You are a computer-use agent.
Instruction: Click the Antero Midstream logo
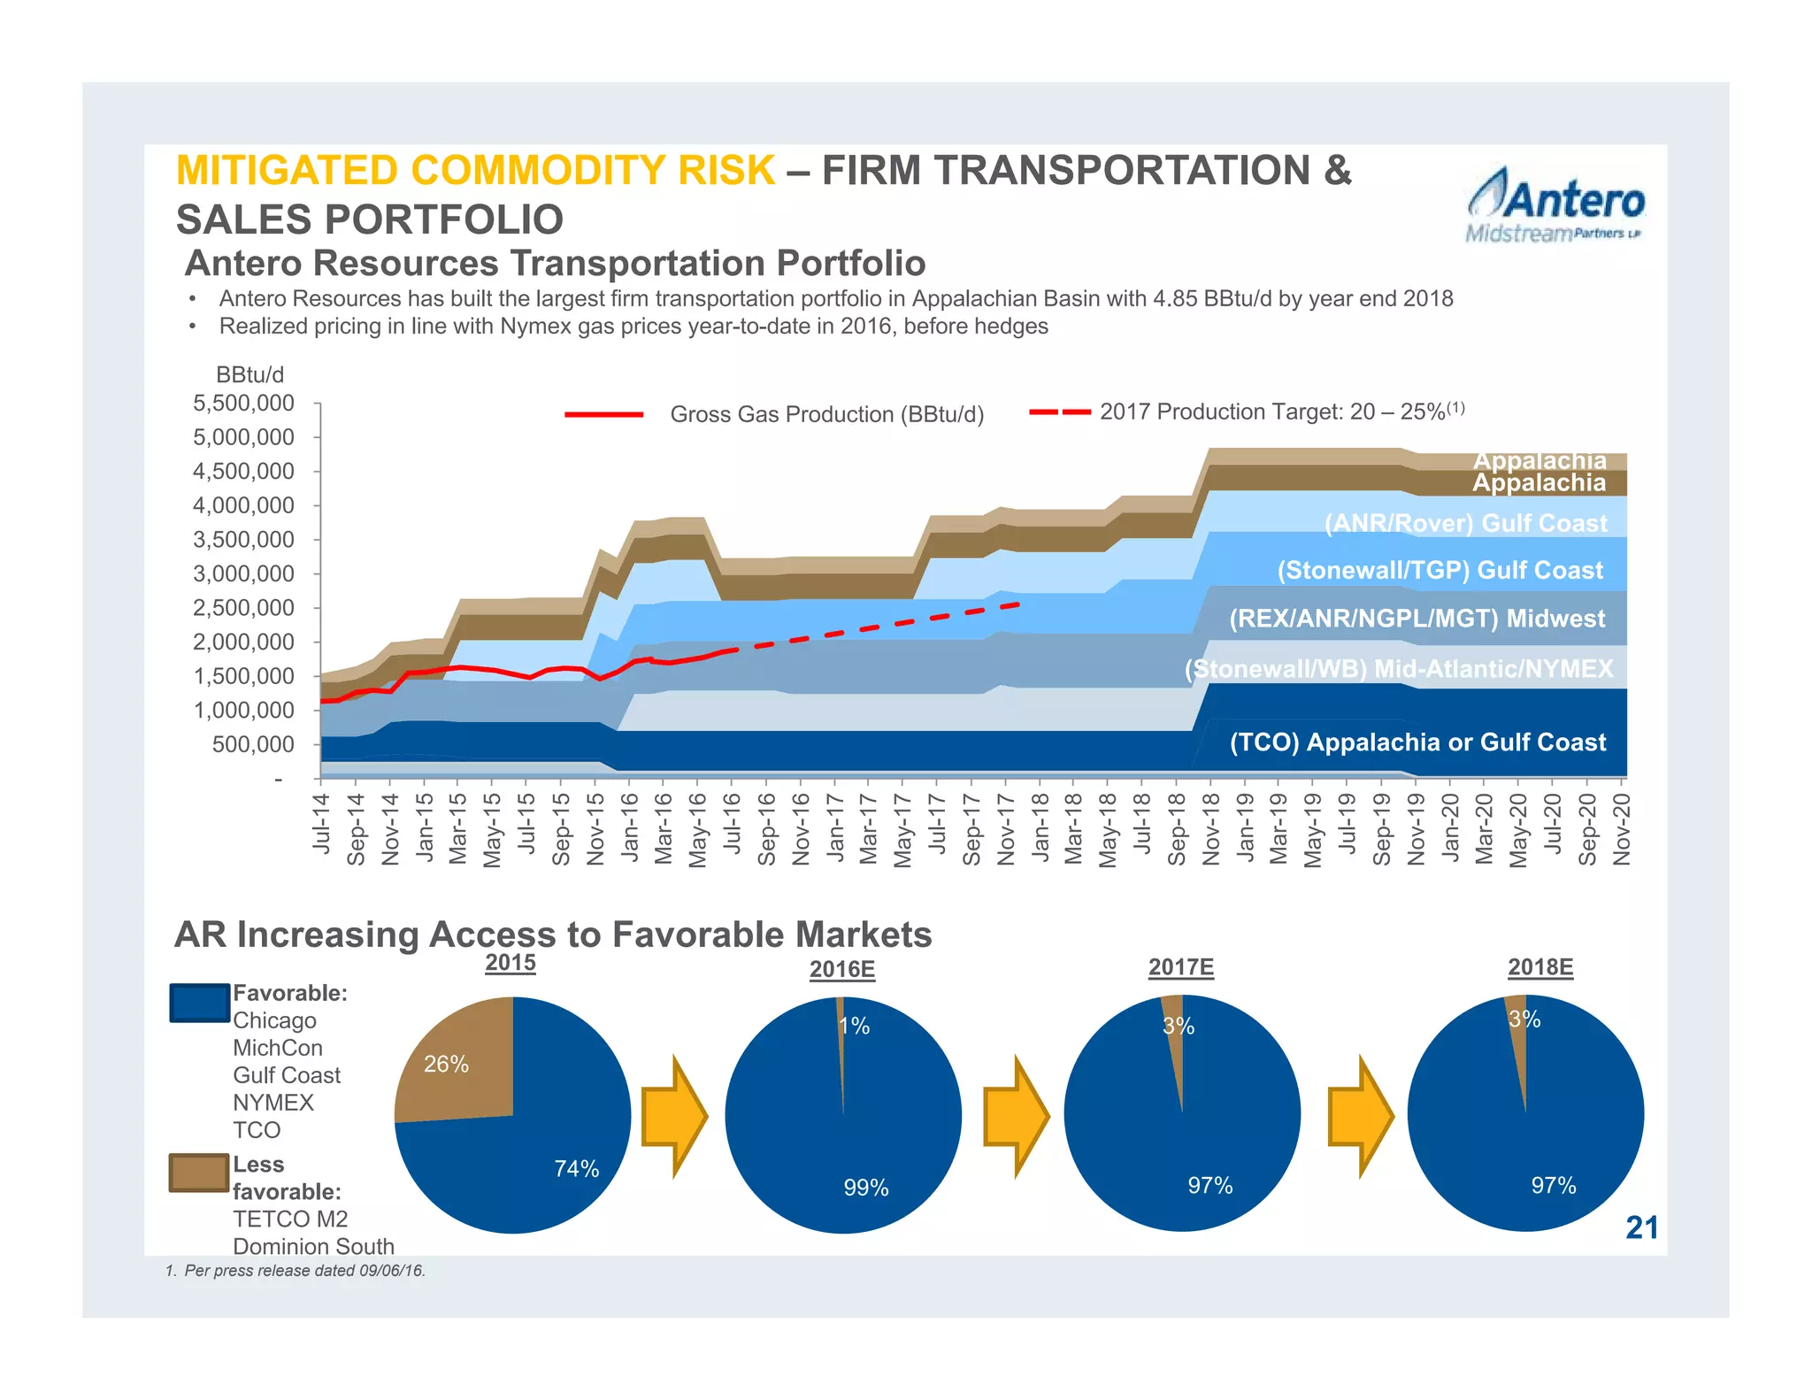pyautogui.click(x=1555, y=205)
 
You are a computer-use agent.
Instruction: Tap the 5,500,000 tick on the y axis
pyautogui.click(x=243, y=404)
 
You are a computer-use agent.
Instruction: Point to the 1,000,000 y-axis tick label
pyautogui.click(x=243, y=711)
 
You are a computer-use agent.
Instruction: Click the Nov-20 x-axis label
pyautogui.click(x=1621, y=828)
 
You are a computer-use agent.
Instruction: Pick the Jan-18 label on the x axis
pyautogui.click(x=1040, y=827)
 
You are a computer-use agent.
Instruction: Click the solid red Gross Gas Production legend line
pyautogui.click(x=603, y=414)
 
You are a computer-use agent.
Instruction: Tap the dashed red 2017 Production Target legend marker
pyautogui.click(x=1059, y=412)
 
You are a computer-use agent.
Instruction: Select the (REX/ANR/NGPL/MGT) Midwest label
pyautogui.click(x=1417, y=618)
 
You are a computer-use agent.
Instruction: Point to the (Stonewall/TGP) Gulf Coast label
pyautogui.click(x=1440, y=570)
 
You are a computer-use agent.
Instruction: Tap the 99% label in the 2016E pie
pyautogui.click(x=865, y=1188)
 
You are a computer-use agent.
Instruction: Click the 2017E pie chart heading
pyautogui.click(x=1180, y=967)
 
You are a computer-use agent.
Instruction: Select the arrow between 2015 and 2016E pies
pyautogui.click(x=674, y=1116)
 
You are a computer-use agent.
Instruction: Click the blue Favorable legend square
pyautogui.click(x=199, y=1003)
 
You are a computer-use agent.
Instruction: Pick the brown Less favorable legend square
pyautogui.click(x=199, y=1173)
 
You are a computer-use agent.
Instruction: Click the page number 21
pyautogui.click(x=1641, y=1227)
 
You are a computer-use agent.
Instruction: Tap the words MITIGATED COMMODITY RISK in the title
pyautogui.click(x=475, y=171)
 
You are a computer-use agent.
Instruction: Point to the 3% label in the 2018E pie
pyautogui.click(x=1524, y=1019)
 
